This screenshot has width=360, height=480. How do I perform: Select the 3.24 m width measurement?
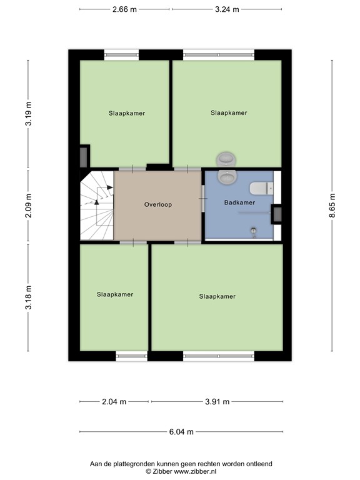point(227,9)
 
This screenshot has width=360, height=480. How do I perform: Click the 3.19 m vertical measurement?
point(28,114)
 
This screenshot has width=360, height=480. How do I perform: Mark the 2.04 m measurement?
point(114,402)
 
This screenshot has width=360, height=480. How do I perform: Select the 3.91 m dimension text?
point(217,402)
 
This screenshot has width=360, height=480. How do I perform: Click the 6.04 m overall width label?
point(181,432)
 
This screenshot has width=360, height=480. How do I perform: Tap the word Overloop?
point(157,204)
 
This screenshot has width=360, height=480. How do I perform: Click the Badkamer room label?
point(239,203)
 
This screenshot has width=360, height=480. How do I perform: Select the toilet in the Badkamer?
point(259,187)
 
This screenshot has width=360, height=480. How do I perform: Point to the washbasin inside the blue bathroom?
point(226,177)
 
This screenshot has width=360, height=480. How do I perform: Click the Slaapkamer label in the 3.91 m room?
point(217,296)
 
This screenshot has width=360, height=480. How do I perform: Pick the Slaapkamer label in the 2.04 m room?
point(115,294)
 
